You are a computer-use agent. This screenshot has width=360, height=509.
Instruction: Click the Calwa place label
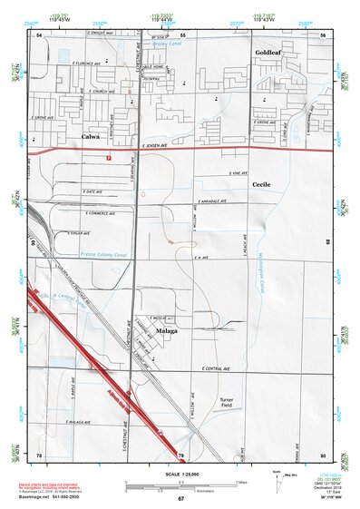click(91, 137)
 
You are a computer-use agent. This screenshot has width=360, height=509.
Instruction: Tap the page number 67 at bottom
click(180, 499)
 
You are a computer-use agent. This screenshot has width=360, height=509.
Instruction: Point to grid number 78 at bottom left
click(39, 454)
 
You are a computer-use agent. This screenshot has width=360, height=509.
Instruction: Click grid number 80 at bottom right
click(322, 454)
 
